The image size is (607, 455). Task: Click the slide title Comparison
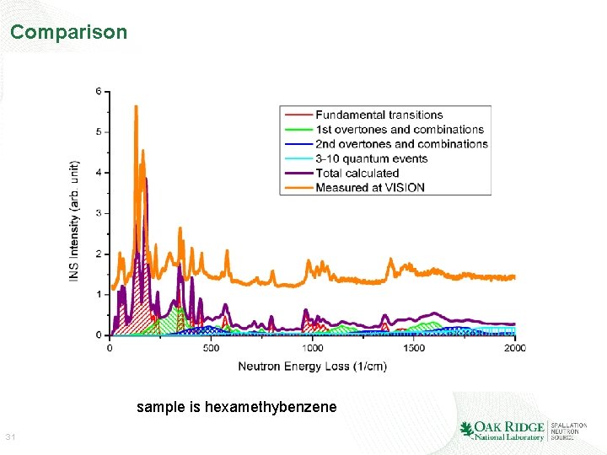(68, 33)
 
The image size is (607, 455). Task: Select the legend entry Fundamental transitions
(379, 115)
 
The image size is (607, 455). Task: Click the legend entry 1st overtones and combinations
(399, 130)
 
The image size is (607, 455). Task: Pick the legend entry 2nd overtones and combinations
(401, 144)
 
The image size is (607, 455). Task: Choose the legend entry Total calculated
(357, 173)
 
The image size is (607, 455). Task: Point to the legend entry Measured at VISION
(369, 187)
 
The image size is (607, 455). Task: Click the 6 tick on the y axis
(99, 91)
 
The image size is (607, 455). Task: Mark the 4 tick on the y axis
(99, 173)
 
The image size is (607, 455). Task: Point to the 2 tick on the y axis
(99, 254)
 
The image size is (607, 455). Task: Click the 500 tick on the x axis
(211, 348)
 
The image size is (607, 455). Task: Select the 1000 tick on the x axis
(312, 348)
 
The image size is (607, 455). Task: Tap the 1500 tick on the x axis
(414, 348)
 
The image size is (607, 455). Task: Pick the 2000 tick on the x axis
(514, 348)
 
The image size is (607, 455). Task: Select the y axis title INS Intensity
(75, 221)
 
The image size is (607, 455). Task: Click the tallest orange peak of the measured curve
(136, 107)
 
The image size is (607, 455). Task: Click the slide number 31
(11, 437)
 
